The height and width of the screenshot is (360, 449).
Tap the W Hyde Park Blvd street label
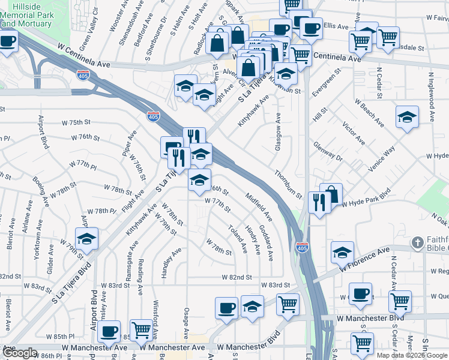coord(366,202)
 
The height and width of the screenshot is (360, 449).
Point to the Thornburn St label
coord(289,184)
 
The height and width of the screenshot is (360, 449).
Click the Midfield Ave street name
coord(259,205)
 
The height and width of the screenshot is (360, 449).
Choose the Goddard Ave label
coord(266,243)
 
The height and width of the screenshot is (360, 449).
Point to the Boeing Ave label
coord(42,190)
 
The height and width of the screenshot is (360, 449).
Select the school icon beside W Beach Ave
coord(407,116)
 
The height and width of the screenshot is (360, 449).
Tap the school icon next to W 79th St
coord(86,238)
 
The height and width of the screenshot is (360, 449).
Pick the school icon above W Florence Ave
coord(342,251)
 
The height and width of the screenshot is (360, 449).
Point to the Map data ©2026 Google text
coord(411,355)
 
